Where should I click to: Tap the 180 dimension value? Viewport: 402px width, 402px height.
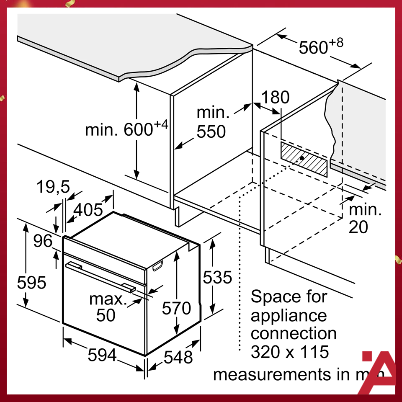click(x=275, y=98)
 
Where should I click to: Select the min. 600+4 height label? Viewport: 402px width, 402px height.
click(x=126, y=129)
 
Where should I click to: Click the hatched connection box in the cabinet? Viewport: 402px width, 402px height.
click(x=304, y=160)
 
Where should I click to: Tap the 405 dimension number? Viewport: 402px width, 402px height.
click(x=88, y=209)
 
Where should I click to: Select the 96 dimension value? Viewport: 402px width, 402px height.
click(x=44, y=241)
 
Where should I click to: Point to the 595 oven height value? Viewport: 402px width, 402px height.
click(x=31, y=283)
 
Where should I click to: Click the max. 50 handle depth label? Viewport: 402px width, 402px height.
click(x=108, y=307)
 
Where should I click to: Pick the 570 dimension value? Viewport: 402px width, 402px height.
click(x=176, y=309)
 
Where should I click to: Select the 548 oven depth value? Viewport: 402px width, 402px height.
click(x=178, y=357)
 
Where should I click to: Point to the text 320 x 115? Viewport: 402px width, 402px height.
click(x=289, y=352)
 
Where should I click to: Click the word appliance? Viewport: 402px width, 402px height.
click(x=289, y=315)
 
